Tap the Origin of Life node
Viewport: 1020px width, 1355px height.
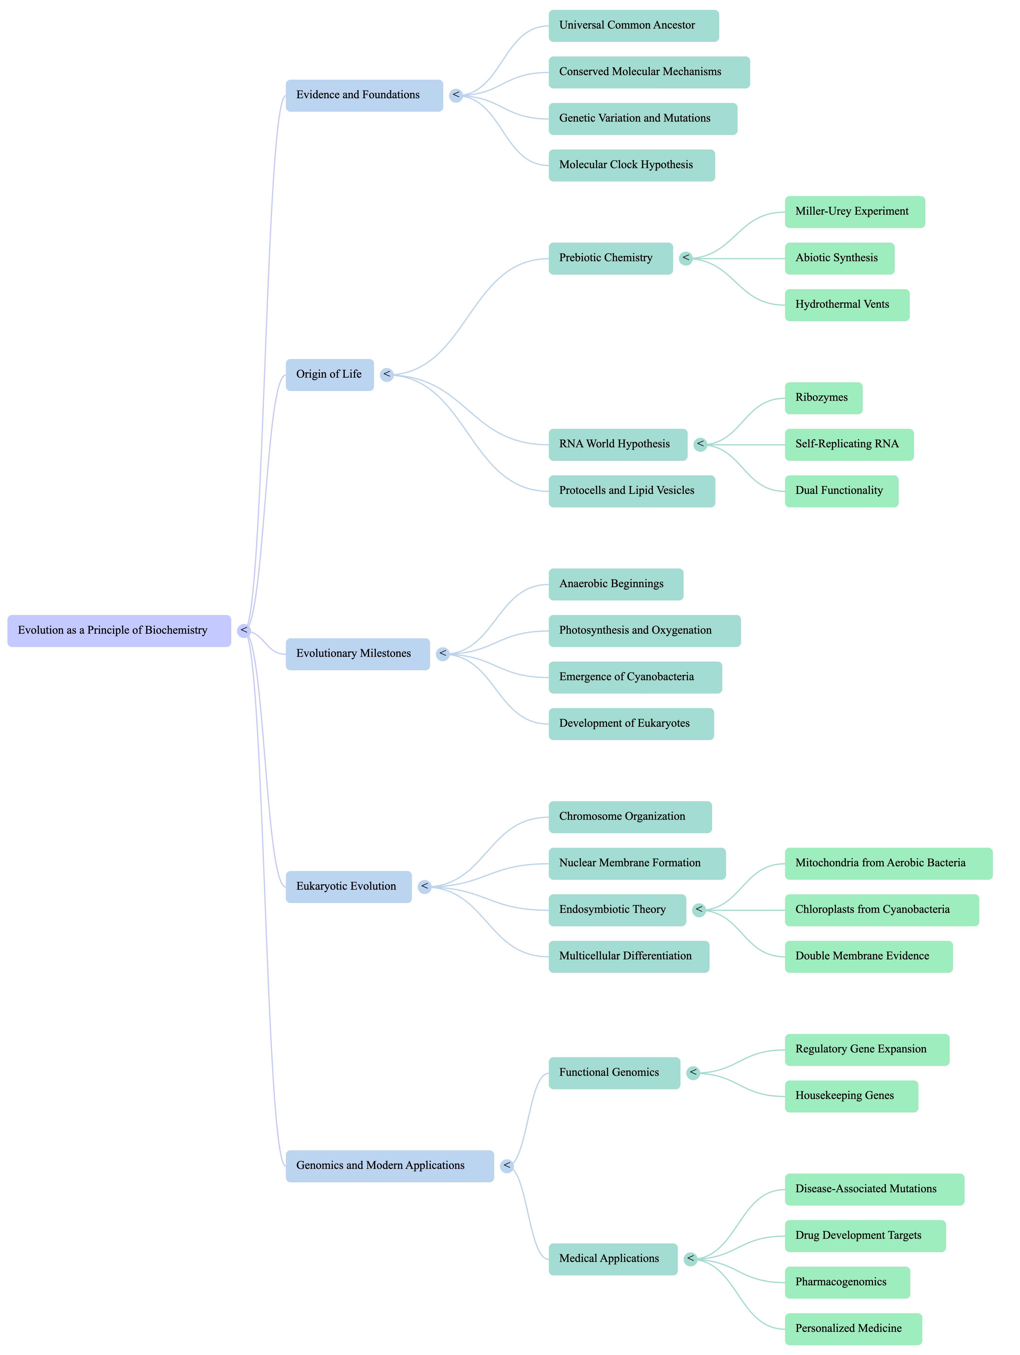pyautogui.click(x=329, y=374)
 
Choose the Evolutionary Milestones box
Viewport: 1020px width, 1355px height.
pyautogui.click(x=357, y=654)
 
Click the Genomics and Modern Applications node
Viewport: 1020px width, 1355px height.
pyautogui.click(x=389, y=1166)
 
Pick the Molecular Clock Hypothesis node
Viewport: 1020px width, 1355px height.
pyautogui.click(x=631, y=165)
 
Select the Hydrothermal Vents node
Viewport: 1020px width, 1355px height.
pyautogui.click(x=847, y=304)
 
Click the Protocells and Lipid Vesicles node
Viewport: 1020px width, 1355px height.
pyautogui.click(x=631, y=491)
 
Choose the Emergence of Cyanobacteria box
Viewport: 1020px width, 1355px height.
pyautogui.click(x=635, y=677)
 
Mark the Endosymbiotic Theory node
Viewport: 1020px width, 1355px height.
pyautogui.click(x=616, y=910)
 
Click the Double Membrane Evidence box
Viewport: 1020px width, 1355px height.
pyautogui.click(x=868, y=956)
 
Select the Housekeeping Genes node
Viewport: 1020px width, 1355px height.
pyautogui.click(x=851, y=1096)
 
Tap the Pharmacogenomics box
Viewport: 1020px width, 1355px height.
pyautogui.click(x=847, y=1282)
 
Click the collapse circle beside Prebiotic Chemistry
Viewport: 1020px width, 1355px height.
pyautogui.click(x=686, y=258)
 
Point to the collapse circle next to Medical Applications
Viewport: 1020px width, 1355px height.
pyautogui.click(x=691, y=1259)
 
